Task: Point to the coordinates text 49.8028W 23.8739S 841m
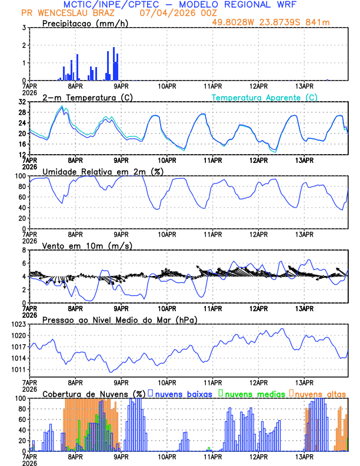pos(279,22)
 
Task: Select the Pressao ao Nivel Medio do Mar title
pos(119,319)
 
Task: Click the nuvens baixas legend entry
pos(183,393)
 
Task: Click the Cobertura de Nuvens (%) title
pos(94,394)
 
